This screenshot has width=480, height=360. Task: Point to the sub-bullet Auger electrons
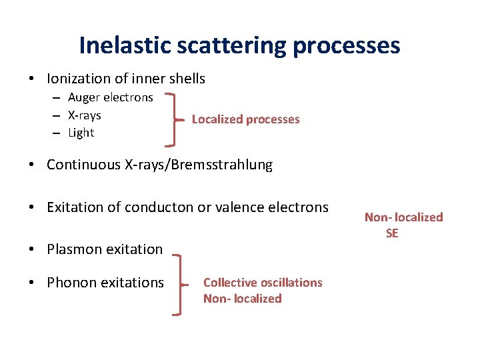coord(111,98)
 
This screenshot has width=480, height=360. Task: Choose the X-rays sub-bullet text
coord(85,115)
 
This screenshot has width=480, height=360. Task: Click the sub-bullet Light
coord(81,133)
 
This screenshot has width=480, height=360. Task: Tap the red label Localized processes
coord(245,119)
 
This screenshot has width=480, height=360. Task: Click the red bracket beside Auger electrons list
coord(175,119)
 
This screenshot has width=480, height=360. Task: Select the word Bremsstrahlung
coord(222,165)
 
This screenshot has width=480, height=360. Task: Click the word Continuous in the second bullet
coord(81,165)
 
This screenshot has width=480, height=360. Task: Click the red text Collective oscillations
coord(263,283)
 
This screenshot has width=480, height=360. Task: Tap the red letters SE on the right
coord(392,233)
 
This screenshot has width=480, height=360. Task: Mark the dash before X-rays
coord(59,116)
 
